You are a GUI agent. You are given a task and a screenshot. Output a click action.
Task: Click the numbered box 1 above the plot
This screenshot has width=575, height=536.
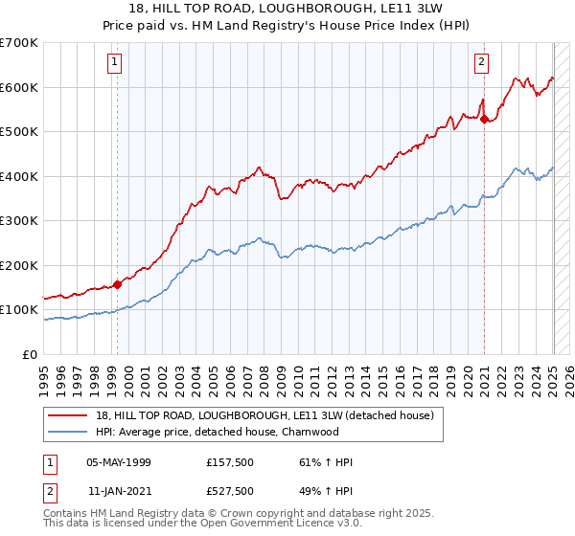click(x=114, y=63)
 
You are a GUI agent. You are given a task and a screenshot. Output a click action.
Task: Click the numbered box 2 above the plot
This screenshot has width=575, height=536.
click(x=481, y=63)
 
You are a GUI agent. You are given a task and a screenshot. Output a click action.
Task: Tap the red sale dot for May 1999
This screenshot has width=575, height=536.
click(x=118, y=284)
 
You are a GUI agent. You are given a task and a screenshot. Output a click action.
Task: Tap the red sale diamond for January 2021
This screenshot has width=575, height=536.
click(x=485, y=120)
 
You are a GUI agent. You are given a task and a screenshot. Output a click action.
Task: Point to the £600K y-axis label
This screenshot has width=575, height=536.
click(x=19, y=87)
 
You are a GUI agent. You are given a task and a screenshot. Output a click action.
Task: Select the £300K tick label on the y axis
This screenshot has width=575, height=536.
click(x=19, y=221)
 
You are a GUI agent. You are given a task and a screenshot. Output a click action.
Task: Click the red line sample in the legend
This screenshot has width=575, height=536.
click(x=69, y=415)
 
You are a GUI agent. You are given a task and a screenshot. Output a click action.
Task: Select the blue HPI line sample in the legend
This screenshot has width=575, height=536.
click(x=69, y=432)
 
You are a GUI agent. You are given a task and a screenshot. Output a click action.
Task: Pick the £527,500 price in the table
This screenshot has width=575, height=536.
click(x=231, y=491)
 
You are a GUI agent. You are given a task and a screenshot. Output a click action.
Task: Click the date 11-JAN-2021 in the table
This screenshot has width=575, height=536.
click(x=119, y=491)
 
